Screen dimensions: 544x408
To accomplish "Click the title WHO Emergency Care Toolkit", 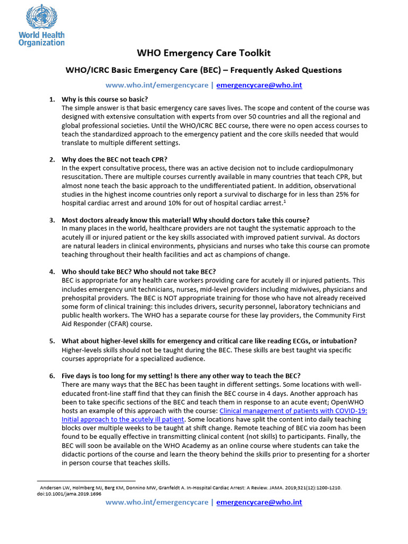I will [204, 53].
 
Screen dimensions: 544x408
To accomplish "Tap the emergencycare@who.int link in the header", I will [259, 85].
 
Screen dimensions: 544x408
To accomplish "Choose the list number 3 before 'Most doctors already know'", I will [52, 220].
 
